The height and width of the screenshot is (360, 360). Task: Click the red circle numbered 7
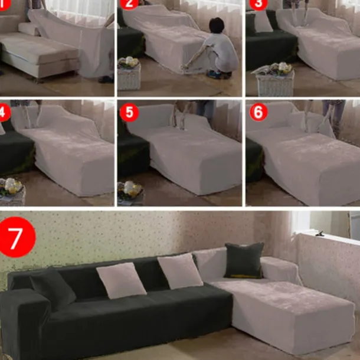(15, 236)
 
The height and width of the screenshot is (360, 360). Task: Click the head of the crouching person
(217, 26)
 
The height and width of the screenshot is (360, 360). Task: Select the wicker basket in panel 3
(274, 83)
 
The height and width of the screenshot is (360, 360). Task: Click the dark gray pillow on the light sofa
(243, 260)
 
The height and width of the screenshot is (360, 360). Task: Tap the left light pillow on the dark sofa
(121, 280)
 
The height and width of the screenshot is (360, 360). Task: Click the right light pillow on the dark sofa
(180, 270)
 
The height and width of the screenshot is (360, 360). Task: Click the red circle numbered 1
(3, 2)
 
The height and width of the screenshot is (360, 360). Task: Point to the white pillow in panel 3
(262, 22)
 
